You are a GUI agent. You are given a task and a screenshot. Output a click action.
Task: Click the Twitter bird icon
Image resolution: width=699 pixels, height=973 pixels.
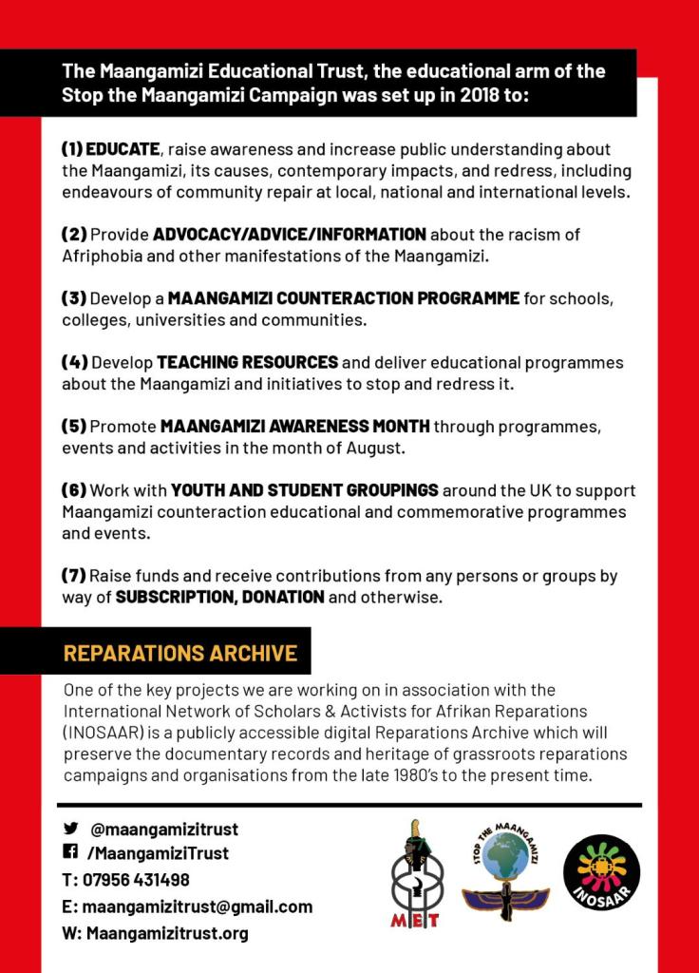click(x=70, y=829)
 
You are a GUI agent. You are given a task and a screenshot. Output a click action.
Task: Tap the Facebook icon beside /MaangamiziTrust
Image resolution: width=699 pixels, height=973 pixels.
click(x=70, y=853)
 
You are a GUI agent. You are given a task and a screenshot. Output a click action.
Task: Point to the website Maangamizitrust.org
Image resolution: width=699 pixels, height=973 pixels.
click(x=167, y=933)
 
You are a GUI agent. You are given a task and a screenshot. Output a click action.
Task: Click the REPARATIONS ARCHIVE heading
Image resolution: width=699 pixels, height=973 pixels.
click(x=180, y=654)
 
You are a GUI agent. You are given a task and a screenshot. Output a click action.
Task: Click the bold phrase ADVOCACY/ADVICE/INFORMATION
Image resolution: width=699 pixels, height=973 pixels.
click(x=290, y=235)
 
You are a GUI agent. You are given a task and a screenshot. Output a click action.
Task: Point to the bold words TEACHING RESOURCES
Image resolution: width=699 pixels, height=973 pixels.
click(x=248, y=362)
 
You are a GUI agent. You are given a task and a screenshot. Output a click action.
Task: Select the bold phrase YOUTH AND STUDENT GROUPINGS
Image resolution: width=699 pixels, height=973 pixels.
click(x=305, y=490)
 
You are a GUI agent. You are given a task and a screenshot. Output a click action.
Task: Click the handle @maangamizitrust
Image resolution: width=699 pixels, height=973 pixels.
click(x=164, y=829)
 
